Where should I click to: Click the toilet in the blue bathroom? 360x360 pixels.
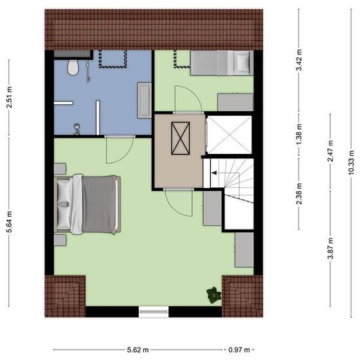73,67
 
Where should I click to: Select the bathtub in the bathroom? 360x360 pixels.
145,100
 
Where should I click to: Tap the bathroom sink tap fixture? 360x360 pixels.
77,129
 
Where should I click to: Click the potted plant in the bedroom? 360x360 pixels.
214,295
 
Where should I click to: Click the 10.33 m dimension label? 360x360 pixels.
351,162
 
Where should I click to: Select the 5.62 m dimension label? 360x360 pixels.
138,350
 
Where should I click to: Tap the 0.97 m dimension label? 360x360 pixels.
239,350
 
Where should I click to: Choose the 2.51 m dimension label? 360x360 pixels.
9,98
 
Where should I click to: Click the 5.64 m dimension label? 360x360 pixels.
9,222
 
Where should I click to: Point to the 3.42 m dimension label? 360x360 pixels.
299,60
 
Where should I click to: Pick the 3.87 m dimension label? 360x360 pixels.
331,249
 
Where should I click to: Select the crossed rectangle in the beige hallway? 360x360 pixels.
181,138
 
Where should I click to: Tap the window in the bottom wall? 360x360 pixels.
154,312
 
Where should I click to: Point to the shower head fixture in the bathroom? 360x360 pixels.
88,70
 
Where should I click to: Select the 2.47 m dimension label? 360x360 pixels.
331,151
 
